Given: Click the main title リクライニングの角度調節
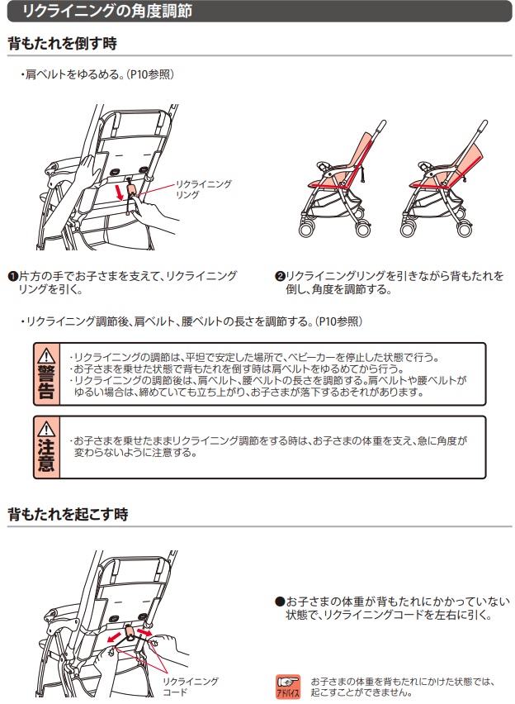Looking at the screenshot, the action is coord(106,10).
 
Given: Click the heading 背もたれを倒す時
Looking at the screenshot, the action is coord(63,43).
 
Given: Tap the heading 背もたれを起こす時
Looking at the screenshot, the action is coord(68,514).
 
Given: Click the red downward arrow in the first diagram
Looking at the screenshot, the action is coord(120,193).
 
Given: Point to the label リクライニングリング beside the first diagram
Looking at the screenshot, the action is coord(203,189).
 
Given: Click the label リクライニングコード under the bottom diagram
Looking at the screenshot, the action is coord(190,687).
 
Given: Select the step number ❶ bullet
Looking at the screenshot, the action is coord(13,276).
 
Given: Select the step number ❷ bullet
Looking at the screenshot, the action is coord(280,276).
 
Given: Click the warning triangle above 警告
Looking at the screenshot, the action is coord(46,356).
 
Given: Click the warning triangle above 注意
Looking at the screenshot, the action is coord(46,429).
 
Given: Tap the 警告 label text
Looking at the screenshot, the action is coord(46,382).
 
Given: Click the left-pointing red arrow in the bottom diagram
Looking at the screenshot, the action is coord(115,636).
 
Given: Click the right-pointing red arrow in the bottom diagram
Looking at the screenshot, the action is coord(144,632).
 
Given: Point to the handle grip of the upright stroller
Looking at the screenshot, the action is coord(380,126).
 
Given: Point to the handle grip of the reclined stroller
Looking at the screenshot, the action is coord(482,126).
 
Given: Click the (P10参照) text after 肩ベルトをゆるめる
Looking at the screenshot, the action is coord(150,74).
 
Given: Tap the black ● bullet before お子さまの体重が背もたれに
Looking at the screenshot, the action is coord(280,602).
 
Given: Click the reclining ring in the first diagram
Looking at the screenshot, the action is coord(132,190).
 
